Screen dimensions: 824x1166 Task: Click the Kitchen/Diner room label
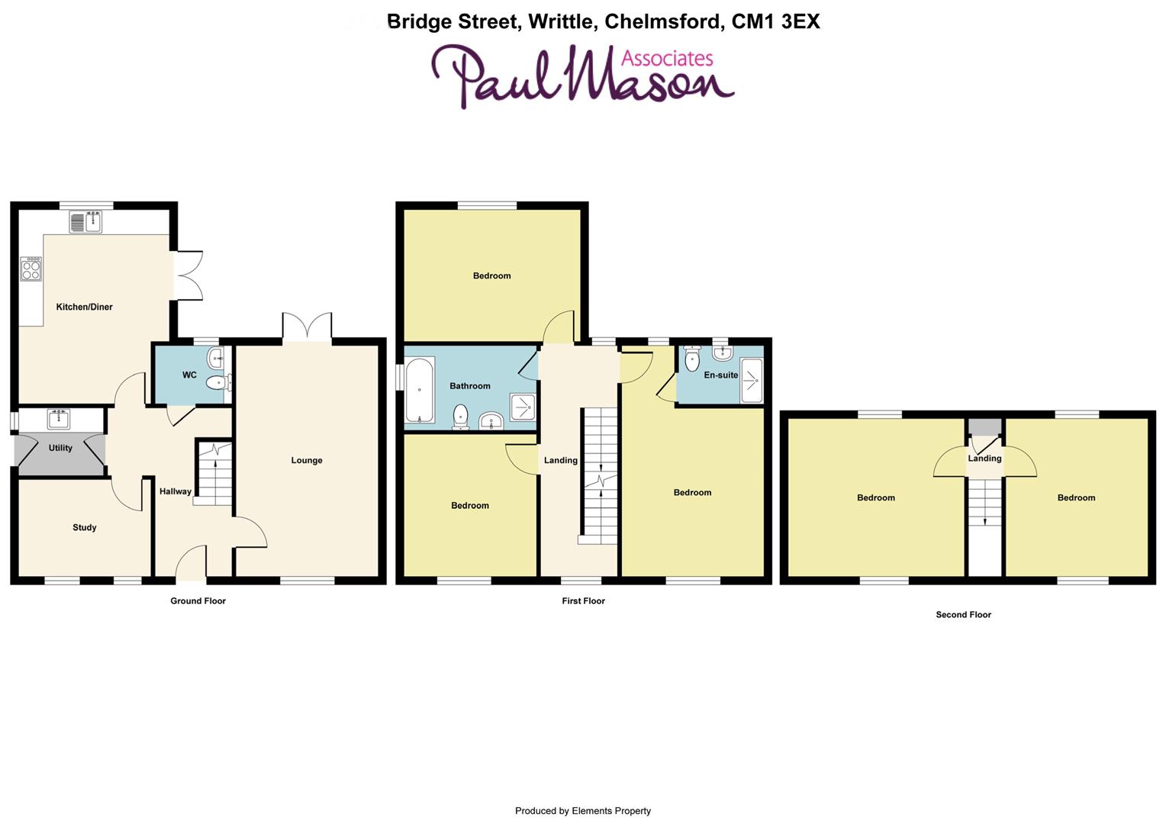pyautogui.click(x=84, y=307)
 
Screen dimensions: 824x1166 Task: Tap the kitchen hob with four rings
pyautogui.click(x=31, y=269)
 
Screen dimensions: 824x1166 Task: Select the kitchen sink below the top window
pyautogui.click(x=86, y=222)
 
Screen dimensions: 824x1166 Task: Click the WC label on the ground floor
pyautogui.click(x=189, y=375)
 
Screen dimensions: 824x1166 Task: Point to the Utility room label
pyautogui.click(x=60, y=448)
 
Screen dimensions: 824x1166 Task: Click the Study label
pyautogui.click(x=84, y=527)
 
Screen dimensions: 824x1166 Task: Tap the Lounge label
pyautogui.click(x=306, y=460)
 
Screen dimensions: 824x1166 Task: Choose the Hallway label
pyautogui.click(x=175, y=491)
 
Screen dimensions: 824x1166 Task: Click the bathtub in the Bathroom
pyautogui.click(x=419, y=391)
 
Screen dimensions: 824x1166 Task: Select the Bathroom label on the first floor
pyautogui.click(x=469, y=386)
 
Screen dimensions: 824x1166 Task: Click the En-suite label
pyautogui.click(x=720, y=375)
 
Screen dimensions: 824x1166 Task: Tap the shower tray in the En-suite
pyautogui.click(x=752, y=379)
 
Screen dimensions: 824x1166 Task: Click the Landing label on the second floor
pyautogui.click(x=984, y=459)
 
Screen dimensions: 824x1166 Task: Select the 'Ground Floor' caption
pyautogui.click(x=198, y=600)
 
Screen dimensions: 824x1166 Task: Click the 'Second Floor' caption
pyautogui.click(x=963, y=614)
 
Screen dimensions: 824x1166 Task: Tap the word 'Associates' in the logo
pyautogui.click(x=667, y=58)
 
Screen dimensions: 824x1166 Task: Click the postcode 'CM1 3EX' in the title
pyautogui.click(x=775, y=21)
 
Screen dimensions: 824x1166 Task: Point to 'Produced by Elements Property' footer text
pyautogui.click(x=582, y=811)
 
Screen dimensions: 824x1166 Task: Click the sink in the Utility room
pyautogui.click(x=59, y=418)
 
